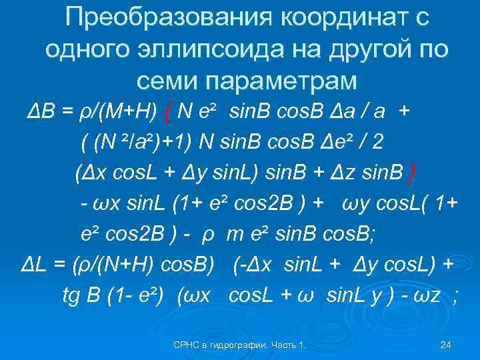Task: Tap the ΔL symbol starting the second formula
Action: pos(34,265)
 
